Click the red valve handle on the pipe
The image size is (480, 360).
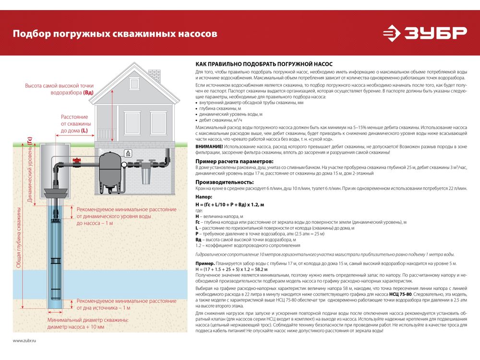[75, 159]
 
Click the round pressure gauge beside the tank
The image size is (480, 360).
[124, 165]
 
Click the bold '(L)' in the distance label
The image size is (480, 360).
[84, 130]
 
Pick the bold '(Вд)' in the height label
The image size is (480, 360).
[88, 92]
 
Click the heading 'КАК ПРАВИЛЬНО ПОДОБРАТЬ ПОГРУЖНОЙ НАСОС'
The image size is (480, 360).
[264, 64]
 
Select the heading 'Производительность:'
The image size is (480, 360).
[224, 182]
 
